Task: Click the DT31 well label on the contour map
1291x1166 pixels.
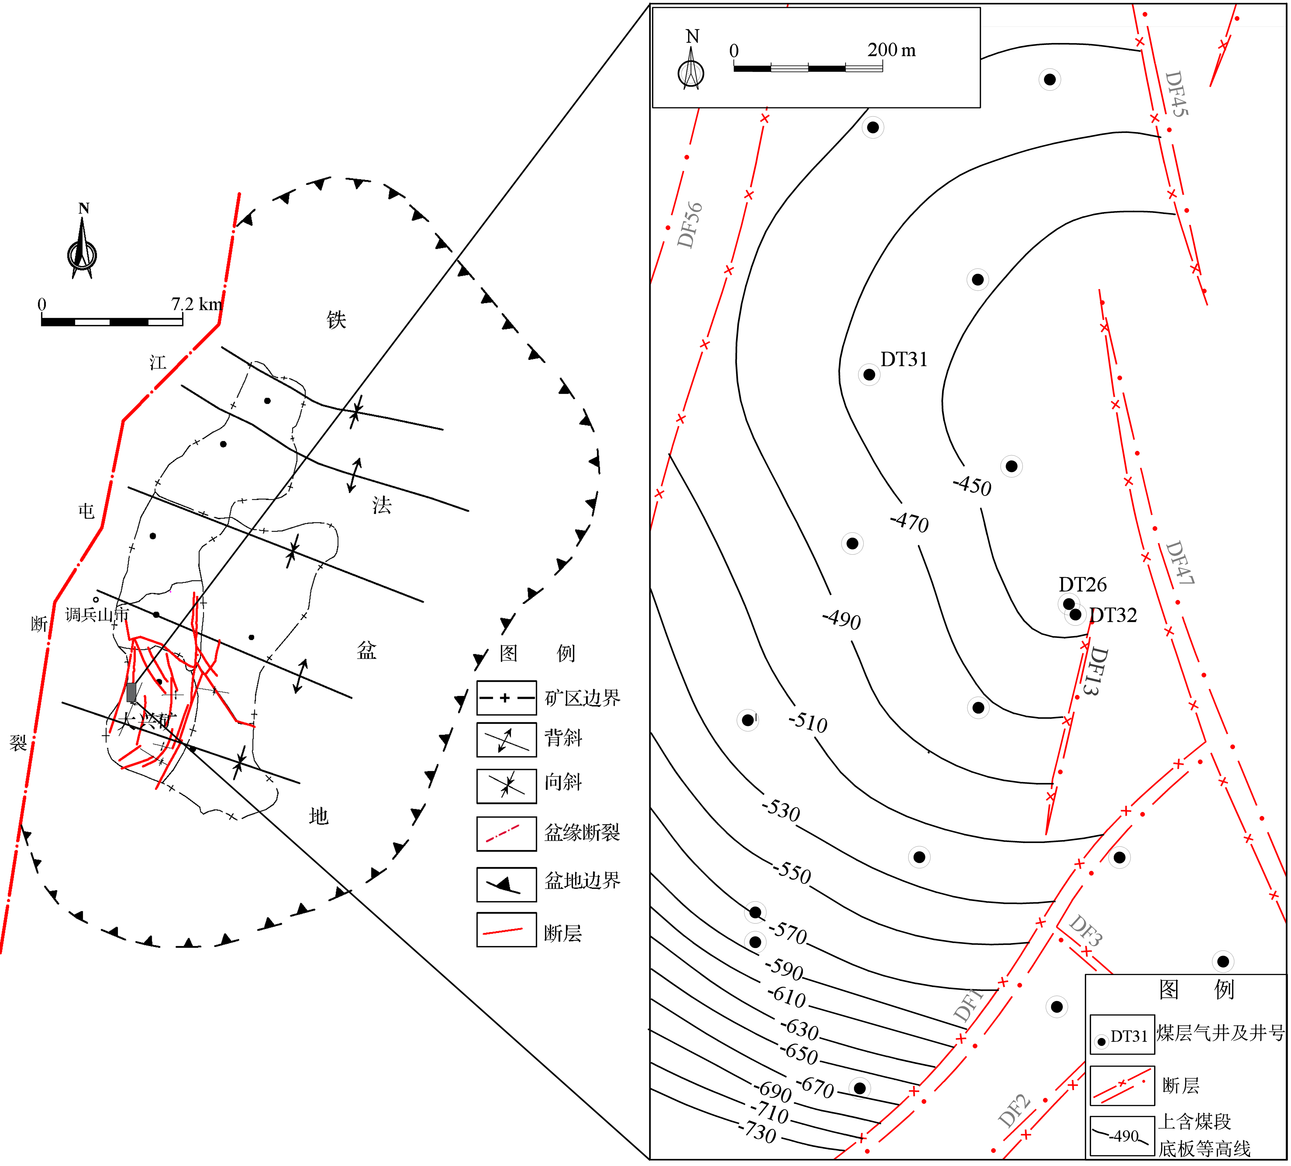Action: pyautogui.click(x=903, y=359)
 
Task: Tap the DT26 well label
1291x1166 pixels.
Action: pyautogui.click(x=1082, y=584)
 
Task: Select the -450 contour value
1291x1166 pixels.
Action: pyautogui.click(x=972, y=485)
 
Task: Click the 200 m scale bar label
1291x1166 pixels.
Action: pyautogui.click(x=891, y=50)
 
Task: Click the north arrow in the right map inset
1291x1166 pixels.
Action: pyautogui.click(x=691, y=64)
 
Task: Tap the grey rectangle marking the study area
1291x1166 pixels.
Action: pyautogui.click(x=131, y=692)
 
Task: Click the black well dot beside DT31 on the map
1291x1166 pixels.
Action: pyautogui.click(x=869, y=375)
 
